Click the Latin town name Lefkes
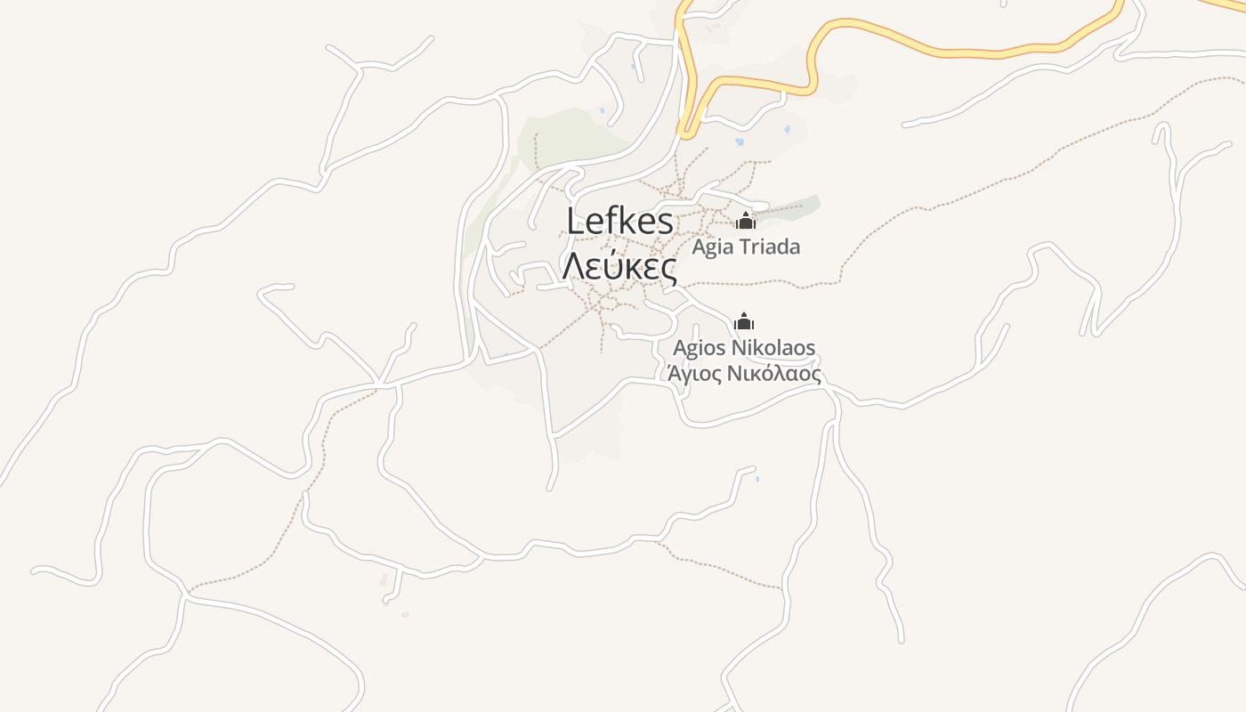tap(620, 222)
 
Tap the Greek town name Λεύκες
tap(619, 264)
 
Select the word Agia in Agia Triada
tap(712, 247)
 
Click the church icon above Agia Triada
tap(745, 221)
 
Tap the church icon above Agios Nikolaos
tap(744, 321)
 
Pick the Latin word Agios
tap(699, 348)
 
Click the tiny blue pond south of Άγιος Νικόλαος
tap(757, 480)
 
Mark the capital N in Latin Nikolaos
tap(738, 348)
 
